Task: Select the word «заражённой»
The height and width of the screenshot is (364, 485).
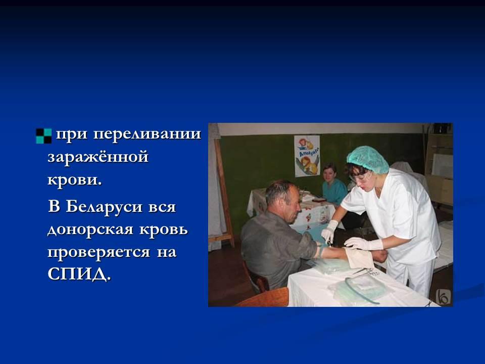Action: coord(98,156)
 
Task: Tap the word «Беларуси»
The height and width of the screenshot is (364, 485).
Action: coord(104,206)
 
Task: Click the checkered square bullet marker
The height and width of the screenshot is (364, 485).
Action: coord(43,136)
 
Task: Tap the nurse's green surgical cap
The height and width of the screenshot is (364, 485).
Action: coord(367,159)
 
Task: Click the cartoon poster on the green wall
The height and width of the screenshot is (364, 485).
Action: coord(307,156)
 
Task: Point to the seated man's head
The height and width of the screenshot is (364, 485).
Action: coord(283,201)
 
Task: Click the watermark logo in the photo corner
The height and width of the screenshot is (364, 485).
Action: coord(443,297)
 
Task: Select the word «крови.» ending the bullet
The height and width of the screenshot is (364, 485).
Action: coord(75,180)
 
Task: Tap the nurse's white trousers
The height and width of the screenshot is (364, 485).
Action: coord(411,276)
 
